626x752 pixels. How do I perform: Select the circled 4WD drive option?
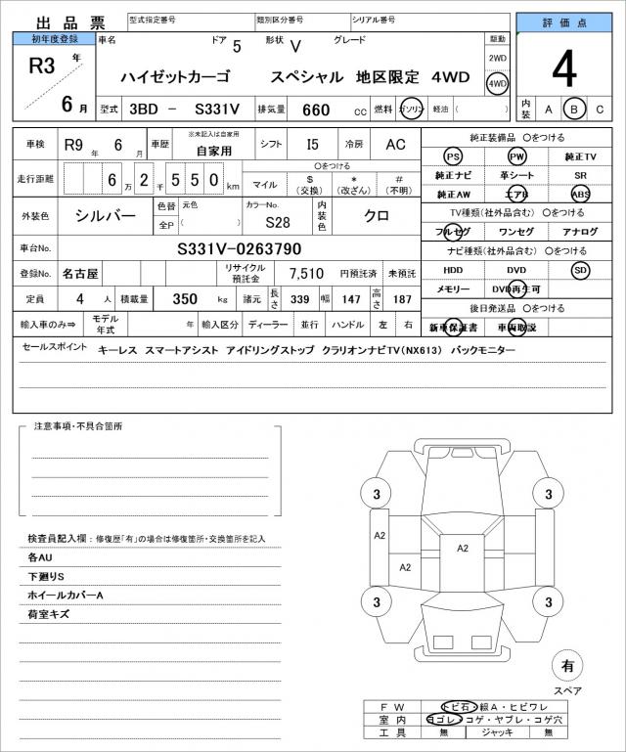[498, 84]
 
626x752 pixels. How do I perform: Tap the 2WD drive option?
[498, 59]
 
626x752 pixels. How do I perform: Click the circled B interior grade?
[576, 109]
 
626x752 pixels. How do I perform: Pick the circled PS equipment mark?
[452, 156]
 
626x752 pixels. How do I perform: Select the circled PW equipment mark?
[515, 156]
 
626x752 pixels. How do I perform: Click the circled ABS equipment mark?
[581, 194]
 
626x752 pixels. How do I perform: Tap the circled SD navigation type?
[581, 270]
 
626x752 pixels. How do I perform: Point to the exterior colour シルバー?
[107, 214]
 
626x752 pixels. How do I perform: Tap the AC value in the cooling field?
[394, 144]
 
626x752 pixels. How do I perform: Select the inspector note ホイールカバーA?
[66, 596]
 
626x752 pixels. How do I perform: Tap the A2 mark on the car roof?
[463, 549]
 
